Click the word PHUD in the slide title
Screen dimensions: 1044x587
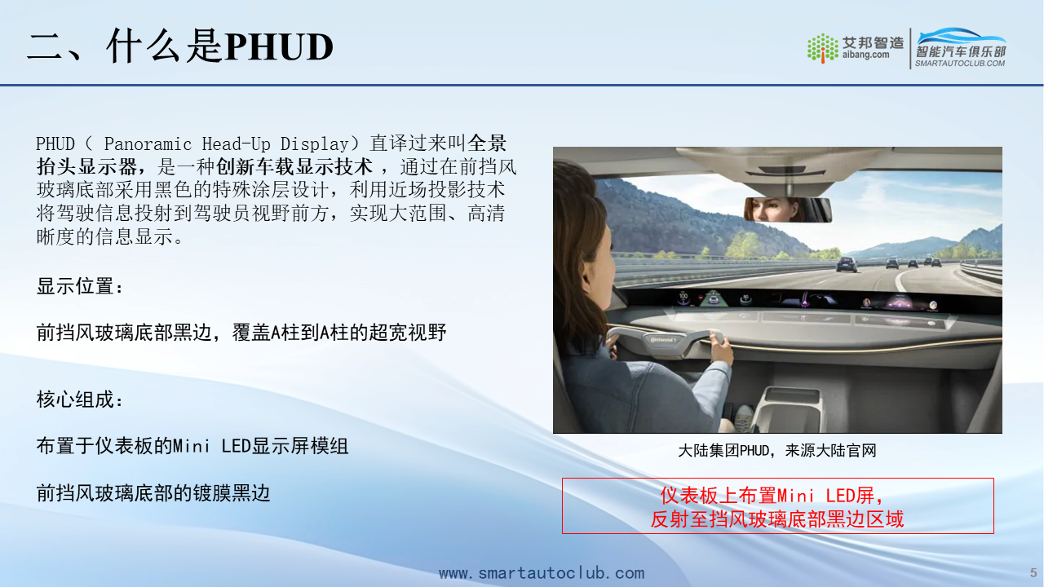point(279,46)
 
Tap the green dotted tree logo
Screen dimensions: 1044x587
point(823,47)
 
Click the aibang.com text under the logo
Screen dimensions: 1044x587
point(865,55)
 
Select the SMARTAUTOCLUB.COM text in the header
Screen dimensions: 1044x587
point(960,64)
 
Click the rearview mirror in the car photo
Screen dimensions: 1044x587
point(788,210)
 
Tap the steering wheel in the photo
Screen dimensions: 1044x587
point(667,341)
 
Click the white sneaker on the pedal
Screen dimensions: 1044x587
point(744,417)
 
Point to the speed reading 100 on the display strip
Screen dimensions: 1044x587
point(683,296)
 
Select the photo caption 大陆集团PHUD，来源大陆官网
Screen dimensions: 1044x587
point(777,451)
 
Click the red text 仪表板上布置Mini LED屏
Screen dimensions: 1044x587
point(772,495)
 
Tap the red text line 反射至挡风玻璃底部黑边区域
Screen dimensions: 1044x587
point(777,519)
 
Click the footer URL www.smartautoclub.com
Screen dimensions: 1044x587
point(542,573)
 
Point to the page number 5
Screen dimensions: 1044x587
point(1033,573)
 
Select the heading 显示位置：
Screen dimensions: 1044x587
point(80,286)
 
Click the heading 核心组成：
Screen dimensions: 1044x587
point(80,399)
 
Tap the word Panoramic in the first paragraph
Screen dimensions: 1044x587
point(148,144)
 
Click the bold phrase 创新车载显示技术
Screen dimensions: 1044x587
point(294,167)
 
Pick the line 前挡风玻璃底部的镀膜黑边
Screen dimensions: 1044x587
point(153,493)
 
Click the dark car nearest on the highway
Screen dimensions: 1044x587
point(847,264)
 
